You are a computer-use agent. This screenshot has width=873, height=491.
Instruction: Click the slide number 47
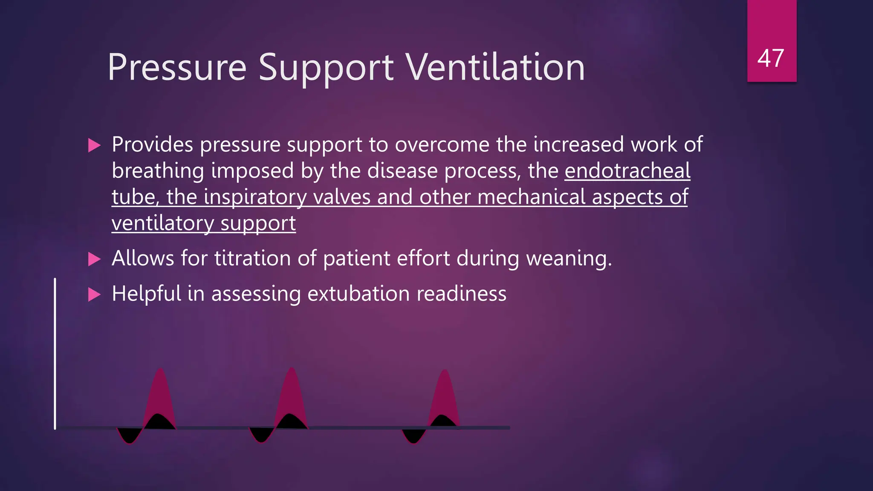tap(771, 58)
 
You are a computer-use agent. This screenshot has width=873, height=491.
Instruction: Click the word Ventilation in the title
tap(495, 67)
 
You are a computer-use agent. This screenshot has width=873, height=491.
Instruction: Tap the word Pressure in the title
tap(177, 67)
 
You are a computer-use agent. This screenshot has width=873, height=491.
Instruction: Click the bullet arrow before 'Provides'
tap(94, 145)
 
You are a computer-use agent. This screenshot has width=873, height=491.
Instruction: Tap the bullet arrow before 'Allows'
tap(94, 259)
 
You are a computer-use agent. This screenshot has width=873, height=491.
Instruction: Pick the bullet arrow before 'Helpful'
tap(94, 294)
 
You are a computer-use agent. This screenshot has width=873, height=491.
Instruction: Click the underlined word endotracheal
tap(627, 170)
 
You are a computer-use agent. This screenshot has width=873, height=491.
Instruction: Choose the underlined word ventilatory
tap(163, 223)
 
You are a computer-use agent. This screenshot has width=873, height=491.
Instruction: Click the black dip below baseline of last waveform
tap(413, 436)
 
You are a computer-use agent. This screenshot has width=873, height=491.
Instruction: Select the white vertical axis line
tap(55, 354)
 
